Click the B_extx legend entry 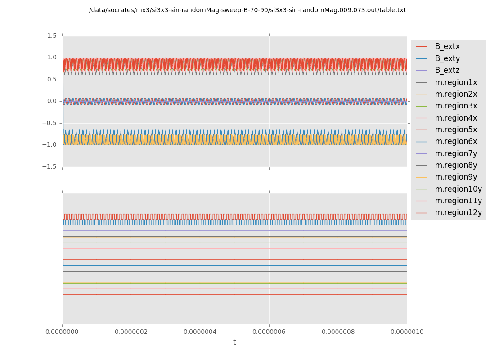coord(447,46)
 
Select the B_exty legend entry coord(447,58)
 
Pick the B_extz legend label coord(447,70)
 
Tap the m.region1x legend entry coord(456,82)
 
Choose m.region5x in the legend coord(456,130)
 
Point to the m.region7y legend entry coord(456,153)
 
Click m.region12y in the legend coord(458,212)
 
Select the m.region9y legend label coord(456,177)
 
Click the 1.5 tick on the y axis coord(51,36)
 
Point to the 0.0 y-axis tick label coord(51,101)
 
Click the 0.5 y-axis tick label coord(51,79)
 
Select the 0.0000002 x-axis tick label coord(131,332)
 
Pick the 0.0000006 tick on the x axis coord(269,332)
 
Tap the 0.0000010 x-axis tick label coord(407,332)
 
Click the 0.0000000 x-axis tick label coord(62,332)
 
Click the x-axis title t coord(234,342)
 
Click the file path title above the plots coord(247,10)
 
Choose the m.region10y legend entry coord(458,189)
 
